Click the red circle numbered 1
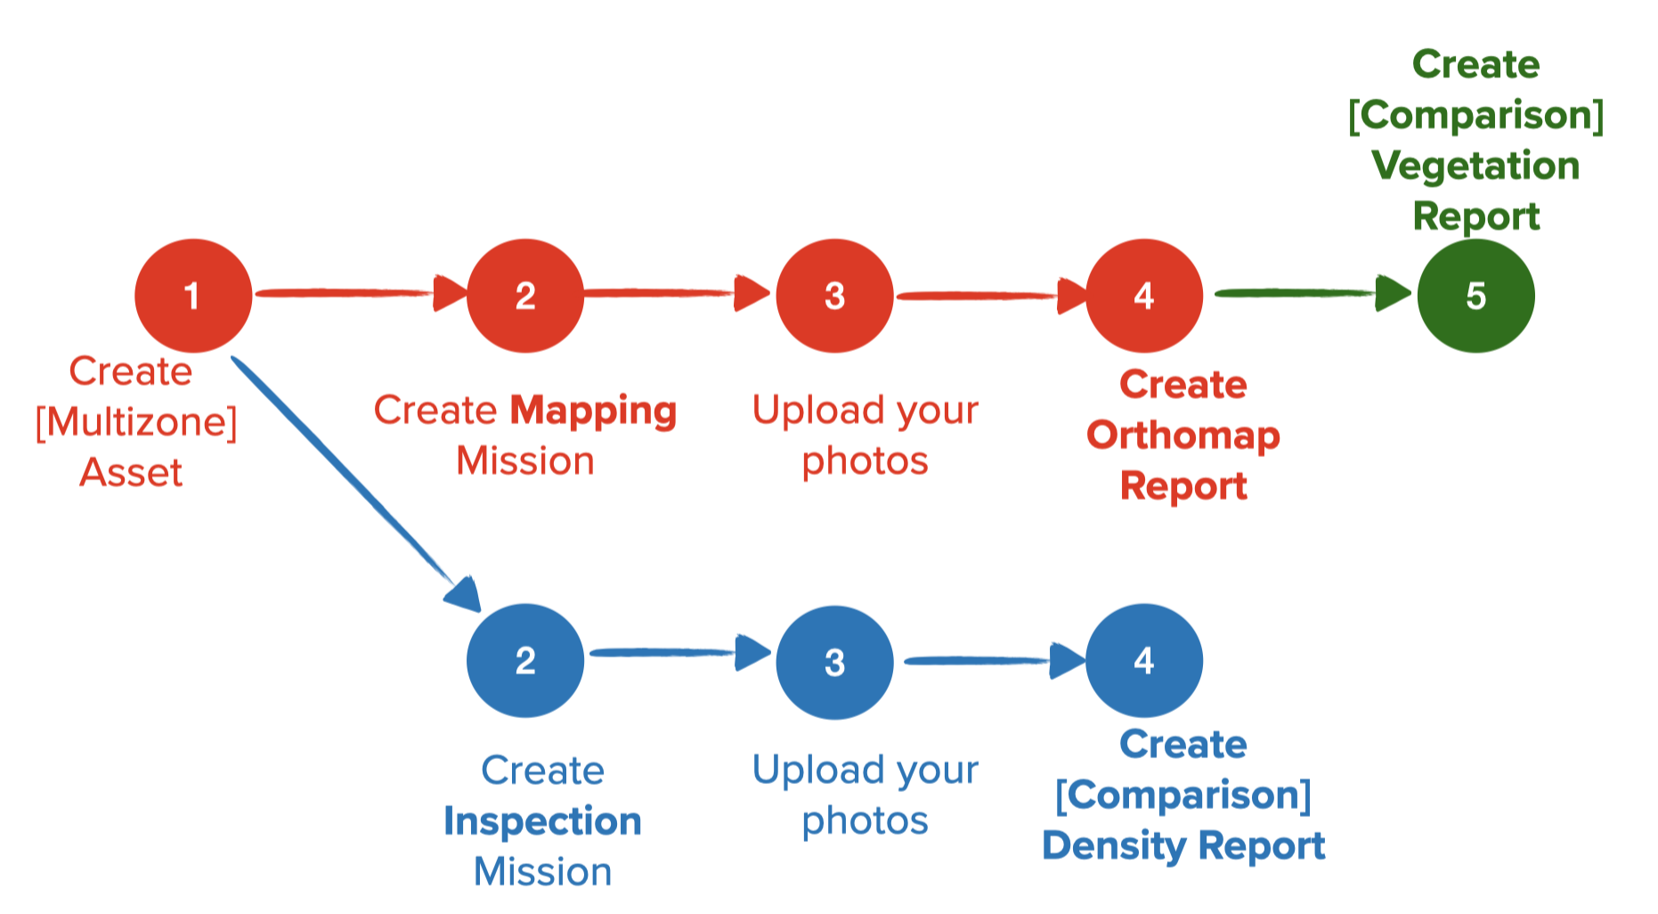192,296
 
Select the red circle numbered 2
525,296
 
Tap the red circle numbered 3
834,296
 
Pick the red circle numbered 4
1144,296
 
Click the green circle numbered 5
1475,296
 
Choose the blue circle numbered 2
525,661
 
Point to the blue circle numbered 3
834,663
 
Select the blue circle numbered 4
1144,661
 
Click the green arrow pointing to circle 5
1309,292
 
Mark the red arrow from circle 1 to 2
356,292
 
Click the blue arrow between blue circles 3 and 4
988,661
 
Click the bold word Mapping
593,411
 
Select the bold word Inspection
542,821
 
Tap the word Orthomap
1183,436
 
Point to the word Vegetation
1475,167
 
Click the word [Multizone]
136,422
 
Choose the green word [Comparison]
1475,116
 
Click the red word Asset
131,473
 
